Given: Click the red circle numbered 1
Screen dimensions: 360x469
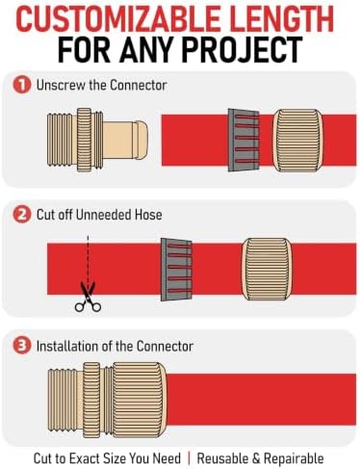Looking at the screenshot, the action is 22,85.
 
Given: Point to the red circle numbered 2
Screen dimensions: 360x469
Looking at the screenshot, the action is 22,215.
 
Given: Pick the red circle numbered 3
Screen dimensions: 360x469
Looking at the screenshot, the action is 22,346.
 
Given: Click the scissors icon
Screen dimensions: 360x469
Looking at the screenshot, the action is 88,297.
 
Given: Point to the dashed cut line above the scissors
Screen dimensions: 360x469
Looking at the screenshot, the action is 88,259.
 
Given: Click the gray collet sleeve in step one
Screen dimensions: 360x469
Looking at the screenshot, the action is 244,140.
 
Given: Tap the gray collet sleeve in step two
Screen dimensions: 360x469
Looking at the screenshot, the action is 176,270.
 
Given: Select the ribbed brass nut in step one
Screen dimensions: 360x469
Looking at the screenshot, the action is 298,140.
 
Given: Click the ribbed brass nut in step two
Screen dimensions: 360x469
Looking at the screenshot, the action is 267,269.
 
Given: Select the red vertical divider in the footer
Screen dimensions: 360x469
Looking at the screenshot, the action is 189,458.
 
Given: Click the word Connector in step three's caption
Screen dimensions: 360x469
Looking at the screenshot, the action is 165,346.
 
